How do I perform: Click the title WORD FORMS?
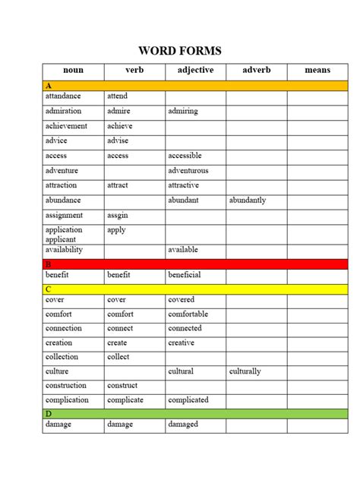tap(180, 51)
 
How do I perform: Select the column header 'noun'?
tap(73, 71)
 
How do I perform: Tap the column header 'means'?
tap(317, 71)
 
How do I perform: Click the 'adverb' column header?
tap(256, 71)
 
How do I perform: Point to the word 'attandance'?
tap(62, 96)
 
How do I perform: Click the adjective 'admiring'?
tap(182, 111)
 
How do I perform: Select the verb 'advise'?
tap(118, 141)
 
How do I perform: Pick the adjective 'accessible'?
tap(186, 156)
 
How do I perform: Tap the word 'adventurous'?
tap(188, 171)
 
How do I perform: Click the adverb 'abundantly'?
tap(248, 201)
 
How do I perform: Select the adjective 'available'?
tap(183, 250)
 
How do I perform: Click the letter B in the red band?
tap(48, 264)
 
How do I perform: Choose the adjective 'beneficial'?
tap(185, 274)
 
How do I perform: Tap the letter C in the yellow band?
tap(48, 289)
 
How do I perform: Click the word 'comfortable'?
tap(188, 314)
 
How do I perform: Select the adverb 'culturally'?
tap(245, 371)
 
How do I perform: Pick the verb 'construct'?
tap(122, 386)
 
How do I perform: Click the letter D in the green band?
tap(48, 414)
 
